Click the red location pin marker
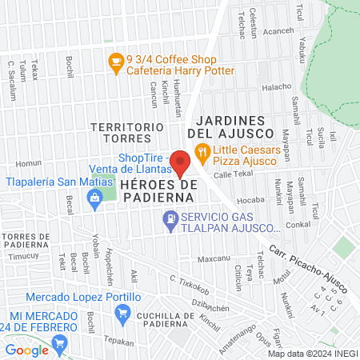click(181, 163)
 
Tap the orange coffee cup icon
click(116, 60)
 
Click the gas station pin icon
click(170, 218)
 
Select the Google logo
click(26, 350)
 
